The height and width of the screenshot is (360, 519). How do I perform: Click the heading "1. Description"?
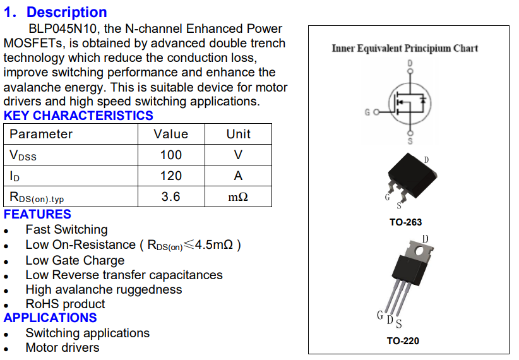coord(56,12)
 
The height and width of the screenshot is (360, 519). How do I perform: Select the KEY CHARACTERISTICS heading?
coord(78,116)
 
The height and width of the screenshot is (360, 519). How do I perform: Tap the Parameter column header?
coord(41,134)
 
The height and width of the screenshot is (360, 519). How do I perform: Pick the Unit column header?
coord(238,134)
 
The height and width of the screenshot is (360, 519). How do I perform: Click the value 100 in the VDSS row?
coord(170,155)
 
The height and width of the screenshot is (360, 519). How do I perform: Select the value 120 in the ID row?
coord(170,176)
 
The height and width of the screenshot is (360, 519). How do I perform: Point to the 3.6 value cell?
coord(170,196)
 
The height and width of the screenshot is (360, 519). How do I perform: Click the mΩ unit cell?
coord(238,197)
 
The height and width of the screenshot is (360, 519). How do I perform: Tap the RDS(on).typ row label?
coord(37,197)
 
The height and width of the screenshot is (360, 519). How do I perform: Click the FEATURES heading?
coord(37,214)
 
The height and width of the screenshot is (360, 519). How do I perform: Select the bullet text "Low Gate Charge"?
coord(75,260)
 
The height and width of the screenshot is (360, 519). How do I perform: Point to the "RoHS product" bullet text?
coord(65,304)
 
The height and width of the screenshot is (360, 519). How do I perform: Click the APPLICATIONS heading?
coord(50,318)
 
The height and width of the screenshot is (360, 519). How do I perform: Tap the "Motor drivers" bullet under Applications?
coord(62,347)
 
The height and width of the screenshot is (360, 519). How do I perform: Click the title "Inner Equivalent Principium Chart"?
coord(405,48)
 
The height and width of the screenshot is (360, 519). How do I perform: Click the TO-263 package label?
coord(405,222)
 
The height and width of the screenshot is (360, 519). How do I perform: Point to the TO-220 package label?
coord(402,341)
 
